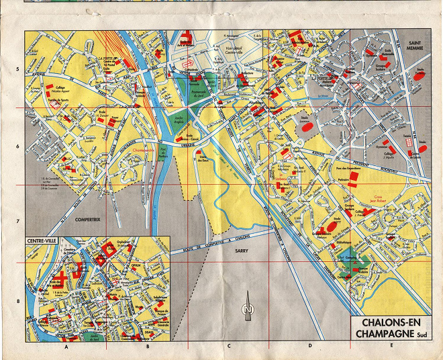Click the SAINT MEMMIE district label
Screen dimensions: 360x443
[420, 46]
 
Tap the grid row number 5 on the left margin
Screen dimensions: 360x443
[18, 69]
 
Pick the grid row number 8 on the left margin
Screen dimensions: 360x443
[18, 302]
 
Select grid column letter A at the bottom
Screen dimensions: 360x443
[66, 348]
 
